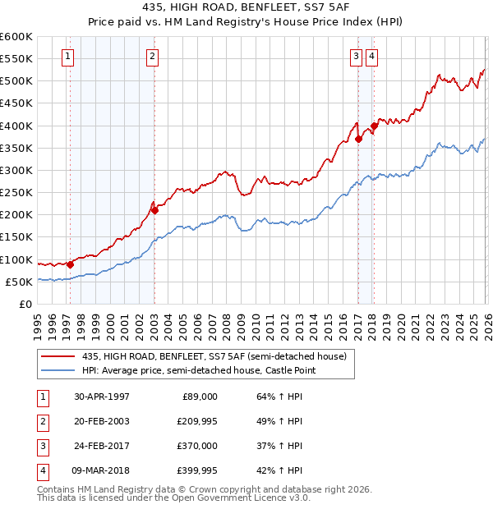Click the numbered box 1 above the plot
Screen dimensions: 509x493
coord(67,57)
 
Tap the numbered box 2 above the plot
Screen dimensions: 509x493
coord(154,57)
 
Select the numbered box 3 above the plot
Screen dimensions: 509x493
coord(357,57)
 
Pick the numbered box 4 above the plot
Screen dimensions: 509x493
coord(372,57)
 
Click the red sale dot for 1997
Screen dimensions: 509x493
coord(71,264)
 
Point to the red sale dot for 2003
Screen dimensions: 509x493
coord(154,210)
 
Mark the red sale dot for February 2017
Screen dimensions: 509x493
coord(358,140)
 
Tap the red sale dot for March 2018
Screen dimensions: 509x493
coord(374,126)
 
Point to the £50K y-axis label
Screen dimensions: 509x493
coord(19,282)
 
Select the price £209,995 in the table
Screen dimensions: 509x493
coord(195,421)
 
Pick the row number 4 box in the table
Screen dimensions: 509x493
coord(40,470)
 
